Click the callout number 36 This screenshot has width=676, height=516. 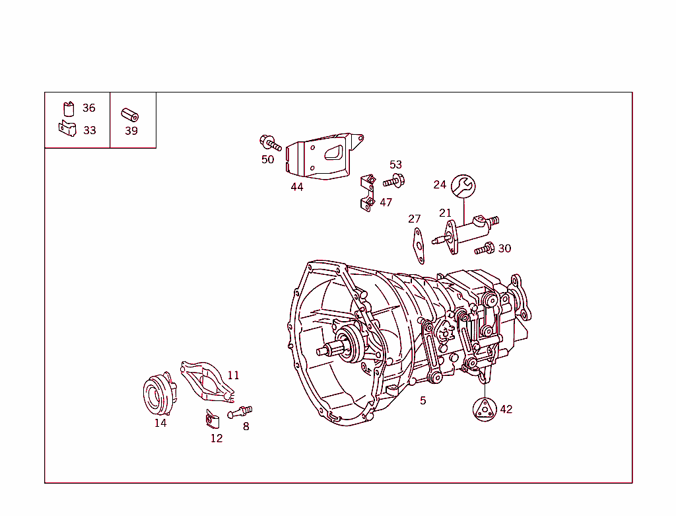pos(88,108)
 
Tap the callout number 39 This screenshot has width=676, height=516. pos(131,131)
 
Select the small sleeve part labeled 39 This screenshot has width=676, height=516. pos(129,114)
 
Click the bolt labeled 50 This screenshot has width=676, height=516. pos(270,143)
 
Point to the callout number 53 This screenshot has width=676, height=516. pos(395,165)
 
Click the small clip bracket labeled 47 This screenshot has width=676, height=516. pos(368,192)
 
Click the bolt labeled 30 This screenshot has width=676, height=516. pos(485,248)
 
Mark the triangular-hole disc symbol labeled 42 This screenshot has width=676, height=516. pos(484,410)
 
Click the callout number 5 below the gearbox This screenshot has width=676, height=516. pos(423,400)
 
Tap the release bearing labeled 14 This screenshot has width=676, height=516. pos(157,394)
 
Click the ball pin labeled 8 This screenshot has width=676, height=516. pos(240,412)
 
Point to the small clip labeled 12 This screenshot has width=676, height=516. pos(213,418)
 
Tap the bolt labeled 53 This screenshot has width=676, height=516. pos(393,180)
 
